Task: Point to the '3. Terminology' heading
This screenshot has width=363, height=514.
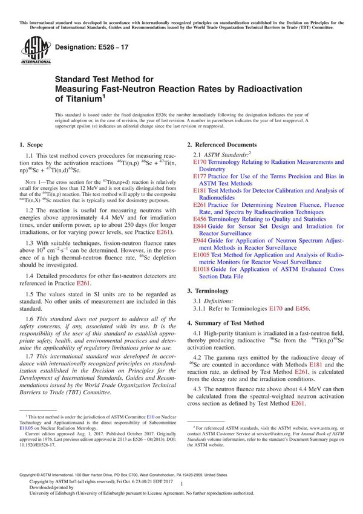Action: [211, 291]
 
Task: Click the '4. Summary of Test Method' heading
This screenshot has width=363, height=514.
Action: [230, 324]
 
